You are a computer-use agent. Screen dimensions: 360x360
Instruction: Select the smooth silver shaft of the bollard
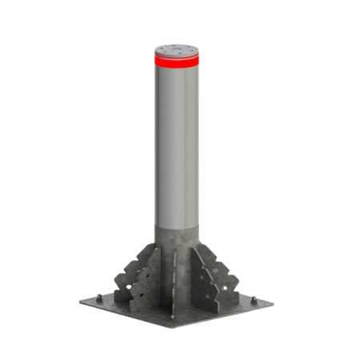click(177, 144)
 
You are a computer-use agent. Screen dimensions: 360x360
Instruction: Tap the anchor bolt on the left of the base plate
click(98, 298)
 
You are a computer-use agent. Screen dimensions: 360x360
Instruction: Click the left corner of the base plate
click(81, 302)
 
